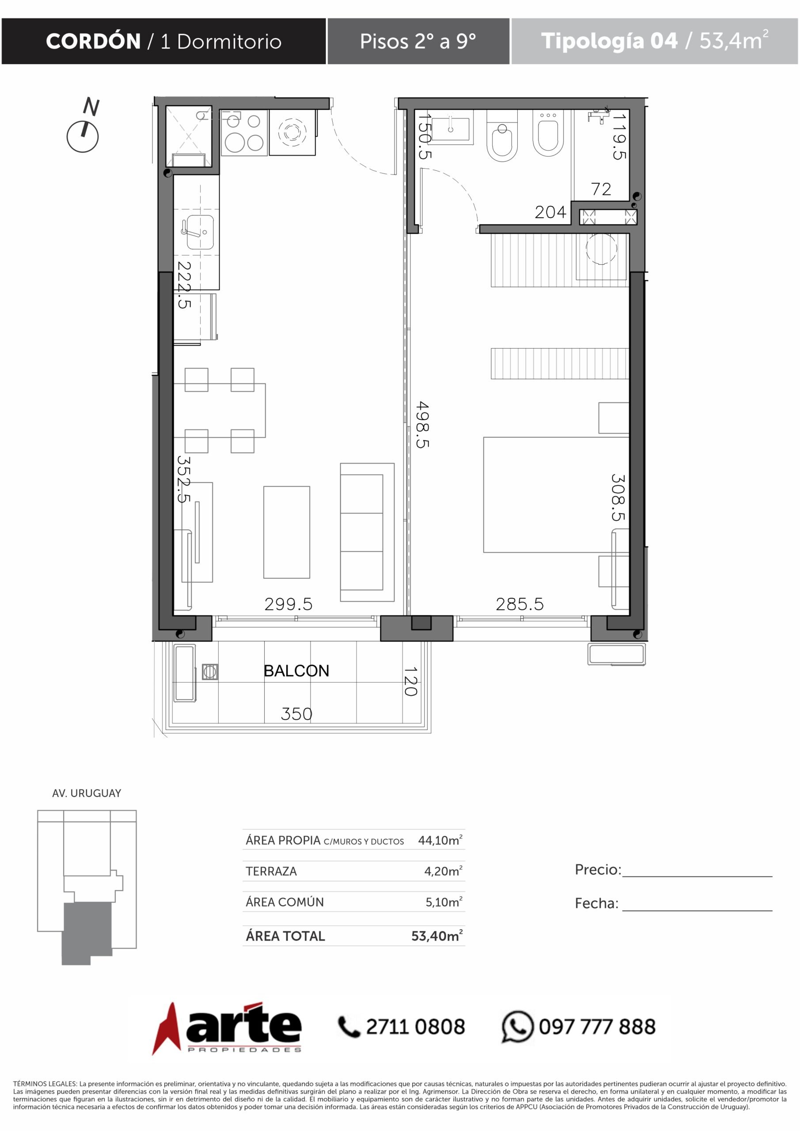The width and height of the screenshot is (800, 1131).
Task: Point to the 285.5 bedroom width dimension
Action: coord(519,604)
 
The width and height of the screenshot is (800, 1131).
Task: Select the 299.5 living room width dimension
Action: coord(288,604)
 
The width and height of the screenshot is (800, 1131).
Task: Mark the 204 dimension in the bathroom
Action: coord(551,212)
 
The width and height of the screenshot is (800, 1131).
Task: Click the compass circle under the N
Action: coord(82,137)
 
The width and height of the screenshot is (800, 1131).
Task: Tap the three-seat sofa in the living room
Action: coord(367,532)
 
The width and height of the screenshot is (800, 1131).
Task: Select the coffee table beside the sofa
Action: coord(287,532)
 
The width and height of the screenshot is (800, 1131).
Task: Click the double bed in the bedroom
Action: coord(556,494)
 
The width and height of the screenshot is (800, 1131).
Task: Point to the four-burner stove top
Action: coord(244,133)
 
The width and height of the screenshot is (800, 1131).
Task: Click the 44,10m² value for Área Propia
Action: coord(440,840)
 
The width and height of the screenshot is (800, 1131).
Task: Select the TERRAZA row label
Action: coord(271,871)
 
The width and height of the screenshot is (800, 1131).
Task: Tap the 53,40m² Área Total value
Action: coord(437,935)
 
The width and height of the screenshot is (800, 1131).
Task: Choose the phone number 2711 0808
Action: coord(415,1027)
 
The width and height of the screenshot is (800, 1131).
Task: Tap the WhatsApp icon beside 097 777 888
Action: coord(517,1027)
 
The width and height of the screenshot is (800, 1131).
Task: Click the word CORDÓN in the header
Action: coord(93,41)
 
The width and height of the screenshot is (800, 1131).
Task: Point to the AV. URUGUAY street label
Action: coord(87,793)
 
